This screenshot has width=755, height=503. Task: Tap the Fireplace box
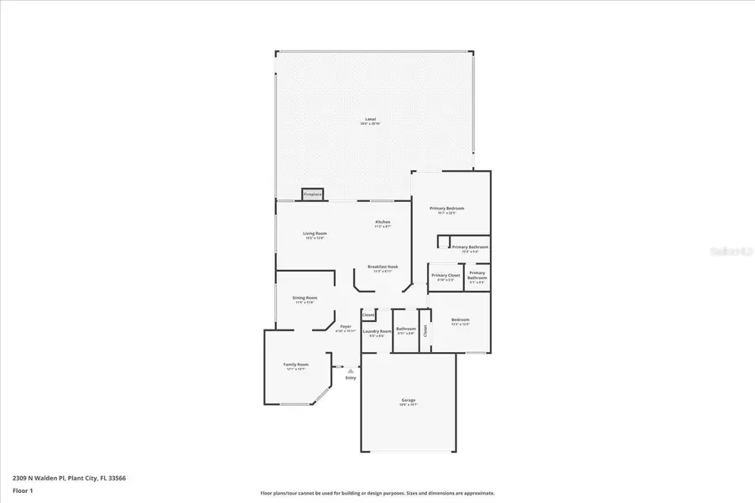click(x=313, y=194)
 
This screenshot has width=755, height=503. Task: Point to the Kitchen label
click(x=383, y=222)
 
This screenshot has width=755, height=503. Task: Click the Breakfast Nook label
click(x=383, y=267)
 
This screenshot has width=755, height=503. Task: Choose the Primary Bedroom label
click(x=447, y=208)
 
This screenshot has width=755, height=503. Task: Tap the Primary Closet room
click(x=445, y=277)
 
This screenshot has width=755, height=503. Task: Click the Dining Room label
click(x=305, y=298)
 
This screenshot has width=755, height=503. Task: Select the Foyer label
click(x=346, y=327)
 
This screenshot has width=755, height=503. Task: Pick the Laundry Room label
click(x=377, y=332)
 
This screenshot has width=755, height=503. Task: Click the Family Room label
click(x=295, y=365)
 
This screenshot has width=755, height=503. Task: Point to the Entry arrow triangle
click(x=351, y=369)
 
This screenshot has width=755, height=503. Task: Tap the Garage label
click(x=409, y=401)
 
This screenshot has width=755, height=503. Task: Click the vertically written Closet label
click(x=425, y=330)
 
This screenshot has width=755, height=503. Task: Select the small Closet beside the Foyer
click(x=368, y=315)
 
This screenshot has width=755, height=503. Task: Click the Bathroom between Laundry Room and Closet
click(x=406, y=330)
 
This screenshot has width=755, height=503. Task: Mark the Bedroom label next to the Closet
click(x=461, y=320)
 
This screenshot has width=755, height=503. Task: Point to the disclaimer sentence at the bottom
click(x=377, y=493)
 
